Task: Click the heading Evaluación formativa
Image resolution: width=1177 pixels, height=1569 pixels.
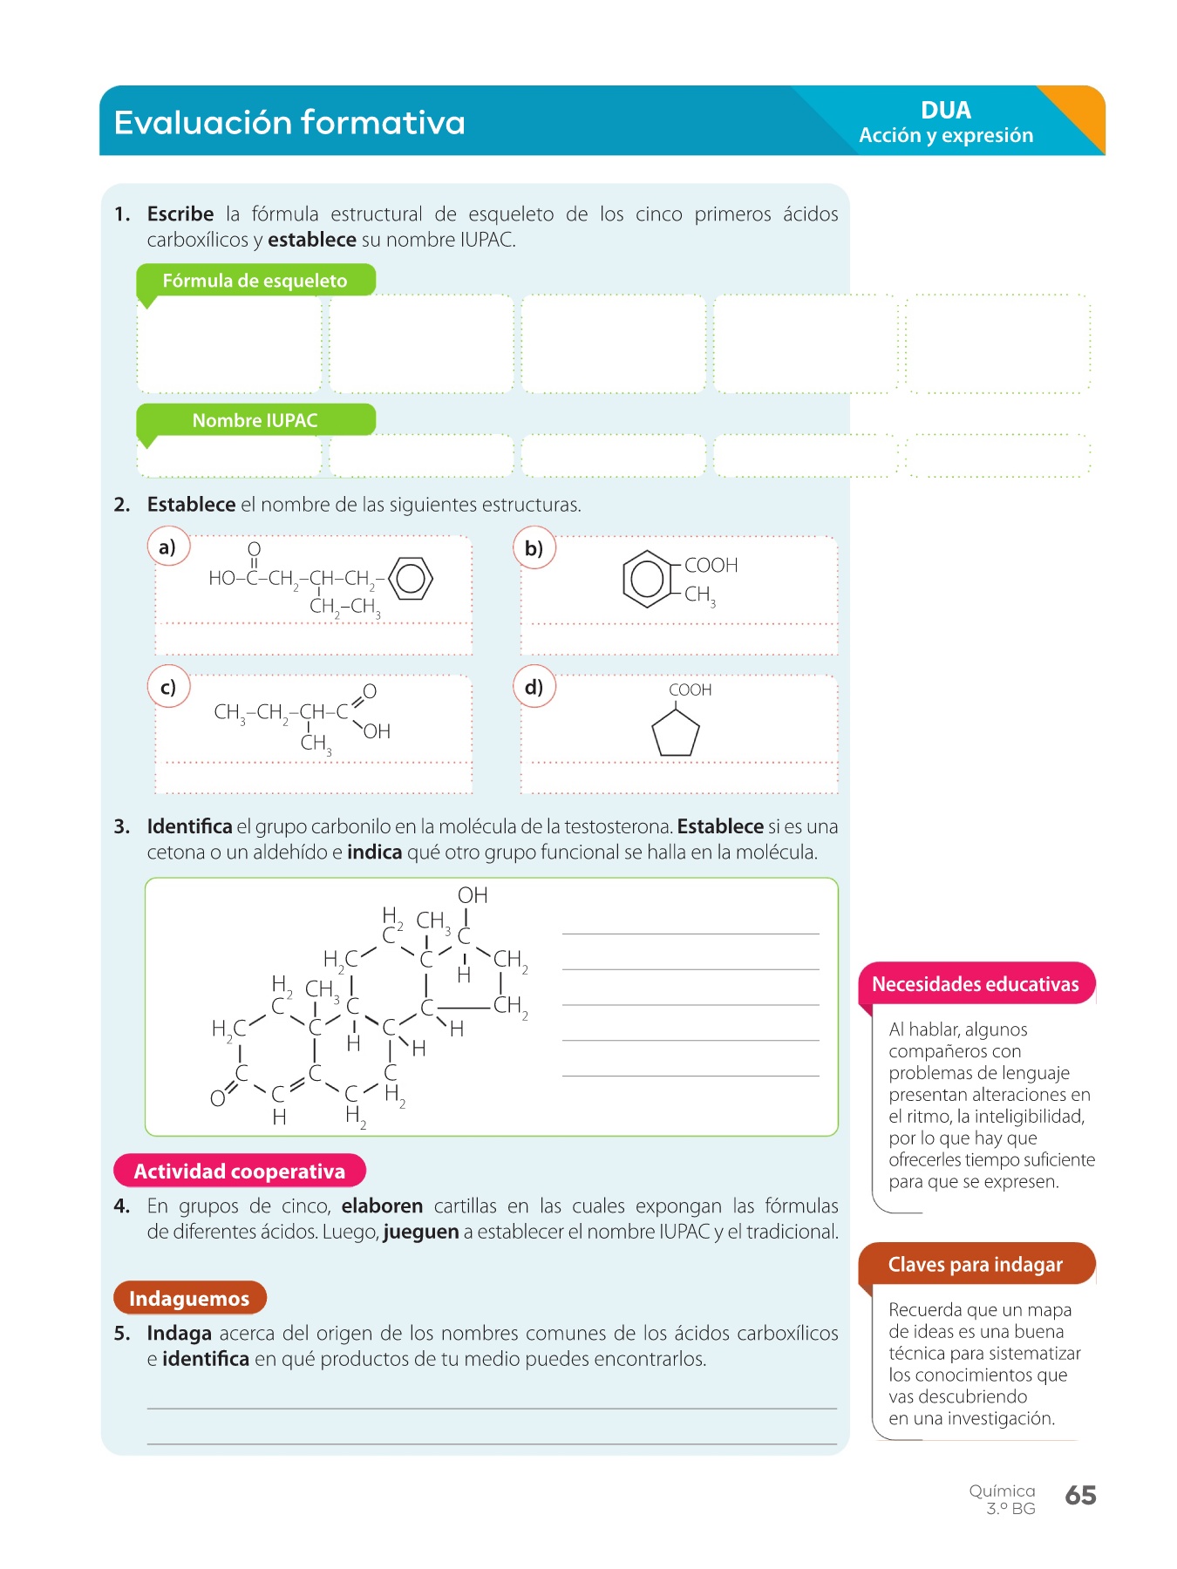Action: pyautogui.click(x=289, y=123)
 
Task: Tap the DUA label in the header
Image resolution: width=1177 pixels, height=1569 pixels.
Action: pyautogui.click(x=945, y=111)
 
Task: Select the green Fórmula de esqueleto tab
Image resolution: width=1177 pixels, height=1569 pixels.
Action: pyautogui.click(x=255, y=281)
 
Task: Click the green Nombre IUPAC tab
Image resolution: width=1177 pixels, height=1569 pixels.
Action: pyautogui.click(x=255, y=420)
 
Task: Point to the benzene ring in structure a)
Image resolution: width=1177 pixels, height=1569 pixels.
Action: pyautogui.click(x=411, y=578)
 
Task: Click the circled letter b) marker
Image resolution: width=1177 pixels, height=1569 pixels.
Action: pyautogui.click(x=534, y=548)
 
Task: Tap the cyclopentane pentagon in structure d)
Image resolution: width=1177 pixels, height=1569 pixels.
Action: pyautogui.click(x=676, y=733)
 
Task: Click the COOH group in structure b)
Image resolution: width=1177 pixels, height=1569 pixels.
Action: pyautogui.click(x=711, y=565)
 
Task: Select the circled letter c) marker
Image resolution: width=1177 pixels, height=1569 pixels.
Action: pyautogui.click(x=168, y=687)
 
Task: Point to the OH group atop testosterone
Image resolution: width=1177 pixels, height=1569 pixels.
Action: pyautogui.click(x=473, y=895)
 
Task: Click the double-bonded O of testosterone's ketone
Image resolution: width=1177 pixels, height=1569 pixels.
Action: pyautogui.click(x=217, y=1098)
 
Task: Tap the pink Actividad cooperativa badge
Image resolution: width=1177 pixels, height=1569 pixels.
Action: pyautogui.click(x=240, y=1171)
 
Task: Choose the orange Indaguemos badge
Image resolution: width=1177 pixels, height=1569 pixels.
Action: pyautogui.click(x=189, y=1298)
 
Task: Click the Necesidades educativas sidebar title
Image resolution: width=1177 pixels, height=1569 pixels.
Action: pyautogui.click(x=975, y=984)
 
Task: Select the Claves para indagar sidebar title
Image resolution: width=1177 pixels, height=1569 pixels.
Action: pyautogui.click(x=975, y=1264)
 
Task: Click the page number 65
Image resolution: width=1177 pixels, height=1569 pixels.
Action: pyautogui.click(x=1080, y=1495)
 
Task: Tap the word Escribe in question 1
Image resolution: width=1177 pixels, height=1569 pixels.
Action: pyautogui.click(x=180, y=214)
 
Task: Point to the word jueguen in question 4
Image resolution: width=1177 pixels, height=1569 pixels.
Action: pyautogui.click(x=421, y=1232)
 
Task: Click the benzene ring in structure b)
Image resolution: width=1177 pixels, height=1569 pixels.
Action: pyautogui.click(x=647, y=579)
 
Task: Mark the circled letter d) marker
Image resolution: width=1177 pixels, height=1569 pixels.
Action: pyautogui.click(x=534, y=687)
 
